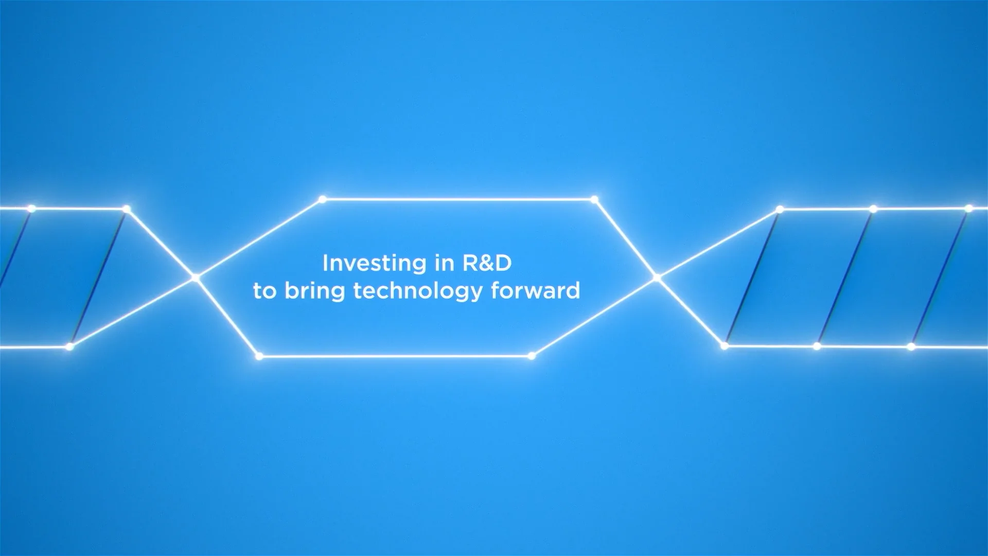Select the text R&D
487,263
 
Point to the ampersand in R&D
486,264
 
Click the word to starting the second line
265,291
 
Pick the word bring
314,292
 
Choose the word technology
418,292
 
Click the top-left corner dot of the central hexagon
322,199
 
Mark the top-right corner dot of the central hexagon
594,199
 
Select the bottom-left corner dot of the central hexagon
259,356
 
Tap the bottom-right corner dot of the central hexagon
532,356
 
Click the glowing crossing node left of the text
195,277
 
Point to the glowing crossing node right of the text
657,278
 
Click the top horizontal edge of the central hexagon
458,199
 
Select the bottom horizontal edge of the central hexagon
395,356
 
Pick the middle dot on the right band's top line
873,209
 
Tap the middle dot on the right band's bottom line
817,346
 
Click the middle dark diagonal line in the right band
845,278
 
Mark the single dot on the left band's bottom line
69,347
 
